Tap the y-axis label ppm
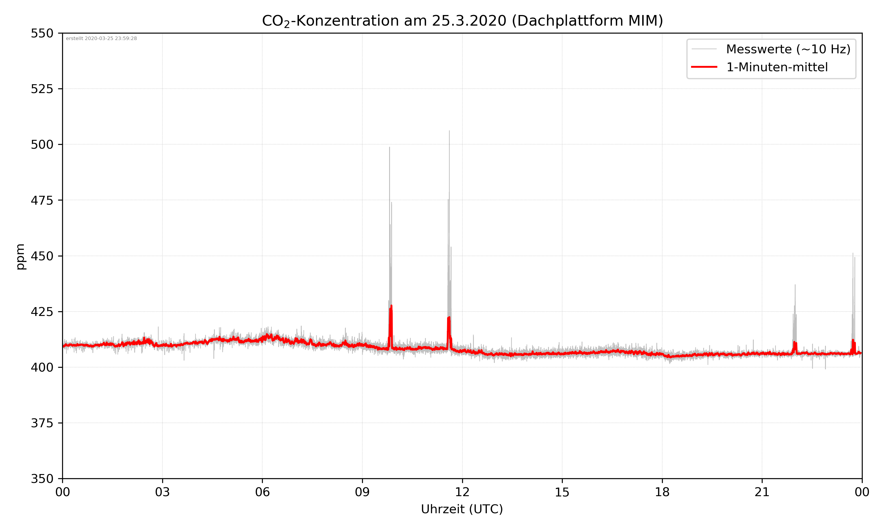(x=21, y=256)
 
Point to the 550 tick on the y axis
(x=42, y=33)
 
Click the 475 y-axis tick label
(x=42, y=200)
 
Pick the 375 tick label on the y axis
(x=42, y=423)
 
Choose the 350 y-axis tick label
(x=42, y=479)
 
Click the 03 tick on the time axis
(x=162, y=492)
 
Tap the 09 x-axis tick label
(x=362, y=492)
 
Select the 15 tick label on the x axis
(x=562, y=492)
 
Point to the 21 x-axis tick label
(x=762, y=492)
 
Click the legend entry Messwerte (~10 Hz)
(x=788, y=49)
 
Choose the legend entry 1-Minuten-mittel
(x=777, y=67)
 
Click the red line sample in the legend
(x=704, y=67)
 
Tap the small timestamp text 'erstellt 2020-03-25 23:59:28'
(x=101, y=39)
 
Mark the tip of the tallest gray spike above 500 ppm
(x=449, y=131)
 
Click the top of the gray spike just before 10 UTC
(x=389, y=148)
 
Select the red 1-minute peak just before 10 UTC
(x=391, y=306)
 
